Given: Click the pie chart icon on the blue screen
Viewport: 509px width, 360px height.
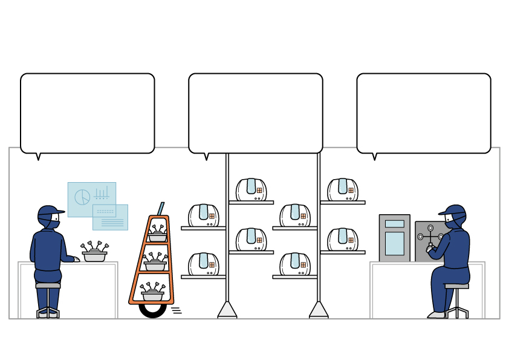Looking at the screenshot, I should click(82, 197).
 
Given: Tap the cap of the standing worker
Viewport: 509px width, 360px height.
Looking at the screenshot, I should click(50, 212).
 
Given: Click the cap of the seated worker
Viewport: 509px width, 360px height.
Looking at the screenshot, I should click(454, 211).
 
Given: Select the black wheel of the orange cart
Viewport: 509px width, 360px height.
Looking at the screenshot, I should click(152, 310).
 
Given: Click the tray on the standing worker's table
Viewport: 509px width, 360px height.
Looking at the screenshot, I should click(94, 257).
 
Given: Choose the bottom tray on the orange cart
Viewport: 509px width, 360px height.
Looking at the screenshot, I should click(152, 296).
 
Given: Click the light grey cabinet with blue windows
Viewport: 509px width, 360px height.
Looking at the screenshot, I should click(394, 238).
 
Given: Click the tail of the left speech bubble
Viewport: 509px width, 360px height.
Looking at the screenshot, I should click(39, 157).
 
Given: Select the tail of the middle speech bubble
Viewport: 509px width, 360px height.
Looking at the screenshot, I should click(207, 157).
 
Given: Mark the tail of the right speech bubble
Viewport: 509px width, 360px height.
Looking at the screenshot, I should click(375, 157).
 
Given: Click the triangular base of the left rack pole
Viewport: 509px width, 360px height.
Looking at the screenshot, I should click(227, 310).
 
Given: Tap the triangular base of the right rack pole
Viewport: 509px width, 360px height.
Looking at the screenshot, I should click(319, 310).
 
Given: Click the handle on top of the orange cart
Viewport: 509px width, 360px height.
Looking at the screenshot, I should click(161, 209).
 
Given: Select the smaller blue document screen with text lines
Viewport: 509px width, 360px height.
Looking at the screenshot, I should click(111, 218).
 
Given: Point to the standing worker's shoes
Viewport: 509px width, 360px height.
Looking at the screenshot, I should click(48, 313).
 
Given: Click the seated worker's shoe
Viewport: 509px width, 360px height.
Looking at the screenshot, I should click(436, 315).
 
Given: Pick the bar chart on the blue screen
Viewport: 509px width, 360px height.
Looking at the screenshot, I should click(102, 194).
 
